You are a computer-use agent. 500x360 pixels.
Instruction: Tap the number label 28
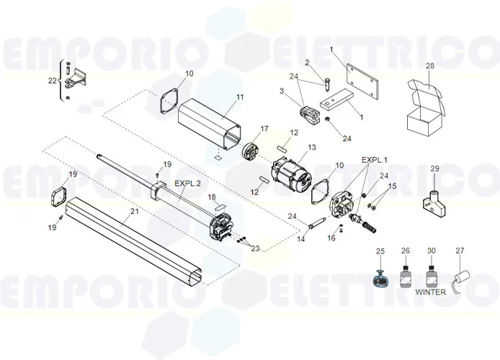point(429,66)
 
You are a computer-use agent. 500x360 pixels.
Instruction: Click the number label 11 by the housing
point(240,97)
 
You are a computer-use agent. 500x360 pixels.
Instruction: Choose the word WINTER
point(430,292)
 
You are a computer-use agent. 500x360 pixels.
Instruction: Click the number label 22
point(51,81)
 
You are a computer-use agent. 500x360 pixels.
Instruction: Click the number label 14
point(301,238)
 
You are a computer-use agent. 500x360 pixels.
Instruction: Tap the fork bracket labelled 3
point(308,113)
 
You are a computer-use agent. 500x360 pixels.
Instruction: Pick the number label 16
point(331,238)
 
